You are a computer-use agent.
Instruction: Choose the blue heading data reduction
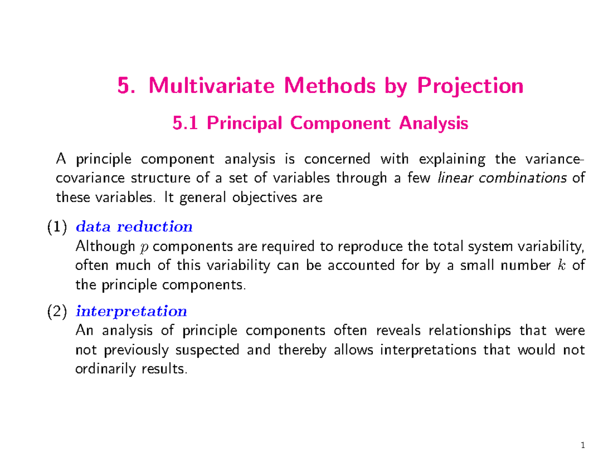tap(134, 226)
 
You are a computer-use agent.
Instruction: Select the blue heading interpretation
tap(131, 310)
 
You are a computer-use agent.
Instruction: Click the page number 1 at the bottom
tap(582, 447)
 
